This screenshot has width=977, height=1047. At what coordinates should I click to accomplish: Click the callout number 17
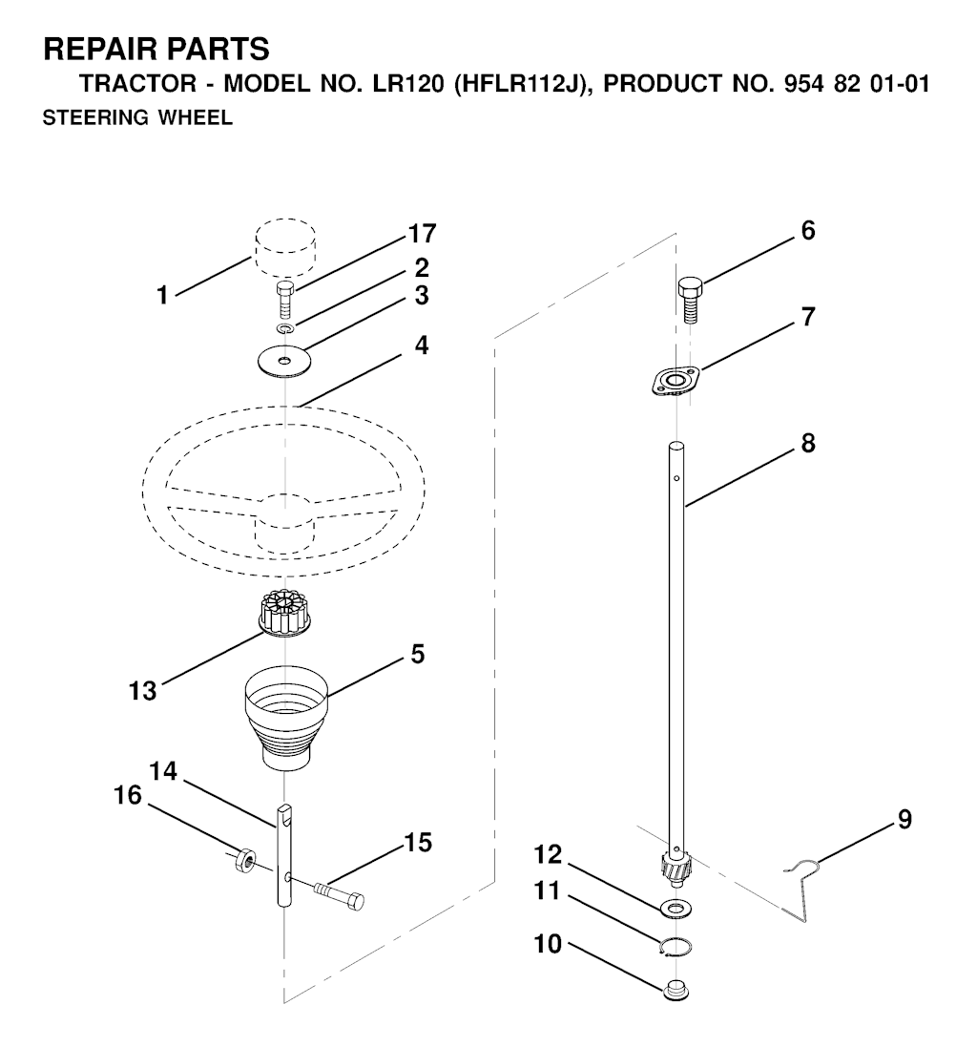click(422, 234)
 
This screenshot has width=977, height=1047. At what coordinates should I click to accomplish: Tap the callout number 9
click(904, 819)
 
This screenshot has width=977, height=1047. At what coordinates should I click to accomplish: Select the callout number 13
click(142, 690)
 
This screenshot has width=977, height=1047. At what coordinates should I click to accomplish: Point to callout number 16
click(128, 795)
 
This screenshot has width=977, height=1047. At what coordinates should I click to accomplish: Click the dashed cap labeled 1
click(285, 247)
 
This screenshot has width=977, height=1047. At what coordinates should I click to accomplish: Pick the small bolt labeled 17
click(285, 302)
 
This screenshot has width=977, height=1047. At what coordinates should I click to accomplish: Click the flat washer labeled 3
click(285, 361)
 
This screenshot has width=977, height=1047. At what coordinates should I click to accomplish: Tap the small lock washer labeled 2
click(285, 328)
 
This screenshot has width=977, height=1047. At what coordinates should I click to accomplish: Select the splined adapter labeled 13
click(285, 613)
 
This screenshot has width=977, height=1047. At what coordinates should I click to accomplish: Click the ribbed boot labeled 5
click(286, 718)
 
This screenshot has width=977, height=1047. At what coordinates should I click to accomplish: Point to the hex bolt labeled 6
click(690, 300)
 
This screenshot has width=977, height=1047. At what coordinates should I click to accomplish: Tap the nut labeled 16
click(245, 859)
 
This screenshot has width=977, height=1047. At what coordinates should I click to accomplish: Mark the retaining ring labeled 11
click(676, 947)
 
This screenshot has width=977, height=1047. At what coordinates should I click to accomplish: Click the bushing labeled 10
click(676, 989)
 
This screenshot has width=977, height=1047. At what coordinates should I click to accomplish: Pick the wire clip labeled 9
click(800, 890)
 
